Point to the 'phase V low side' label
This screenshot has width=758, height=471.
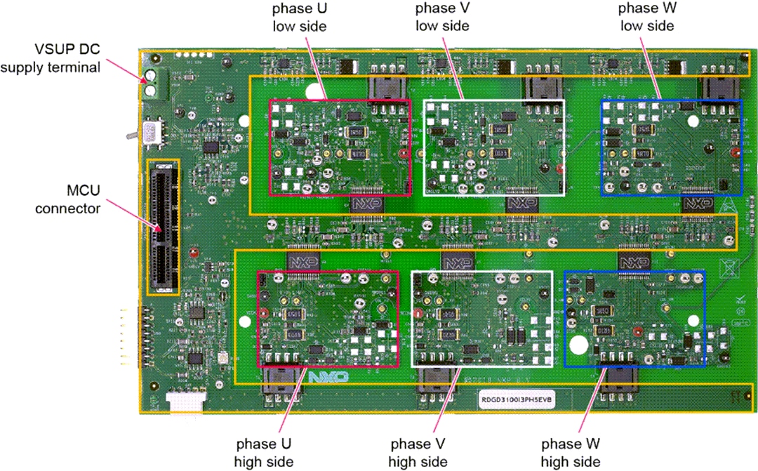pos(442,17)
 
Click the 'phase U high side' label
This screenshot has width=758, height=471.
pos(264,453)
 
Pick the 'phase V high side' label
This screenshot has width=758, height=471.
pos(418,453)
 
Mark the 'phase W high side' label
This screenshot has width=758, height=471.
pos(571,453)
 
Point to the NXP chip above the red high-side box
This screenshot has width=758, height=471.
pos(302,260)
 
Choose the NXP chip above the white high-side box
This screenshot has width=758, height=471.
pos(457,260)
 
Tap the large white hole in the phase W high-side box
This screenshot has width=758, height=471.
pos(580,345)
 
